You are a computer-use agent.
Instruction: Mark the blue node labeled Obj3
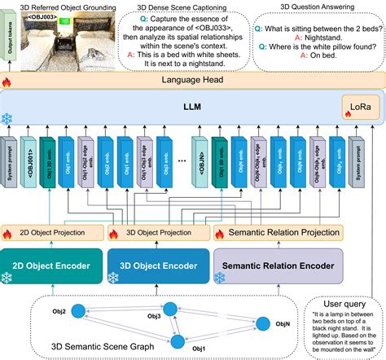tap(171, 308)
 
